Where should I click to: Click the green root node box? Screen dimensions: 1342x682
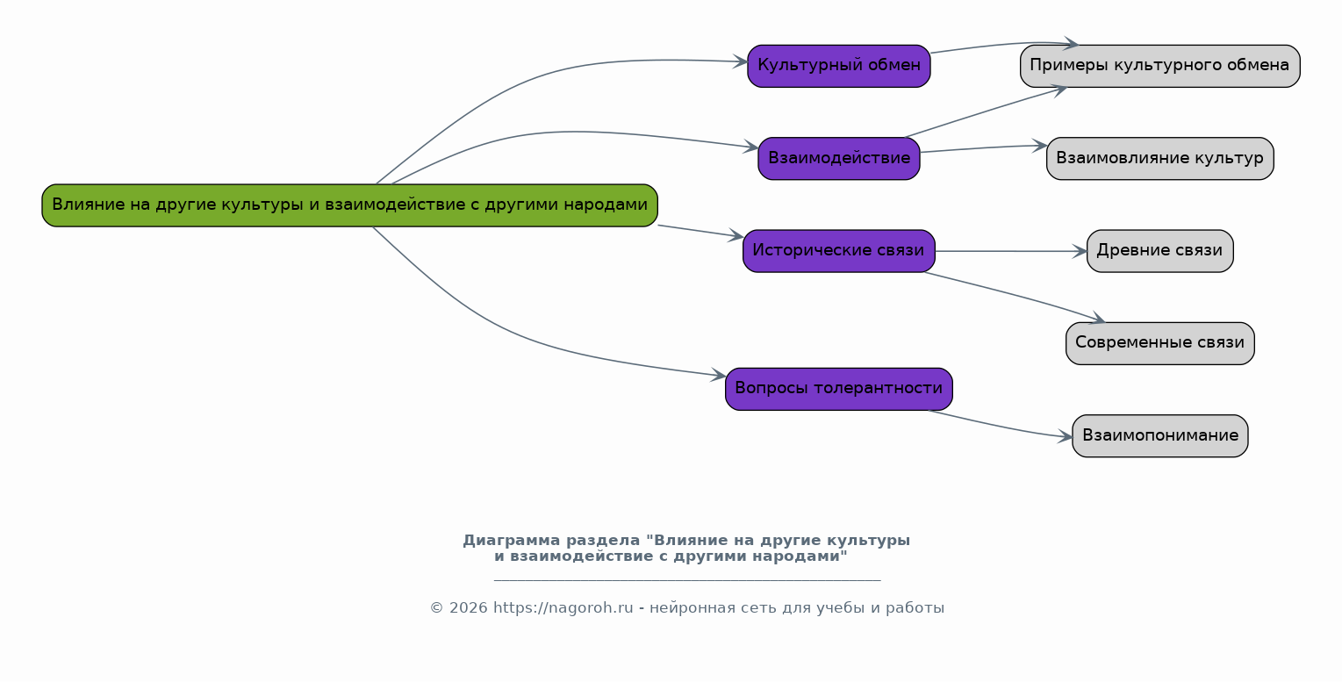click(x=350, y=205)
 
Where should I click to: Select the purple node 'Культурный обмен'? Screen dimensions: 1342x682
click(x=839, y=66)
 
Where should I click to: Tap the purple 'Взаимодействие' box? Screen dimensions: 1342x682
click(x=839, y=159)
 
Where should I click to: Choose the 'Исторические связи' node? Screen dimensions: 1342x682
click(x=839, y=251)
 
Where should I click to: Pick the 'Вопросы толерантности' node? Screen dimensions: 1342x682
click(x=839, y=389)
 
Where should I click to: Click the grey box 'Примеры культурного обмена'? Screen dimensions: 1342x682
click(x=1159, y=66)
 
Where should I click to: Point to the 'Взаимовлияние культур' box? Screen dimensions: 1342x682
click(x=1159, y=159)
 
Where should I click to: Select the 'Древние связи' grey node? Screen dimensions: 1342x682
click(x=1159, y=251)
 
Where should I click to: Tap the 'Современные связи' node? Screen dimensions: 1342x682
click(x=1159, y=343)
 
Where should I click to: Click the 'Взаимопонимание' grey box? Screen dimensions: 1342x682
click(x=1159, y=435)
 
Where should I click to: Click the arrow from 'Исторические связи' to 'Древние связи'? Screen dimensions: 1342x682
click(x=1011, y=251)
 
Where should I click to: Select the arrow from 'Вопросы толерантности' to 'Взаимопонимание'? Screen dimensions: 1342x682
click(x=1000, y=426)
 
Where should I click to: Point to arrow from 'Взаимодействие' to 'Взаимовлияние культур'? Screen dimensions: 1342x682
click(x=983, y=148)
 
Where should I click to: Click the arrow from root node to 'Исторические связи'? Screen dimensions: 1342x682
click(x=701, y=232)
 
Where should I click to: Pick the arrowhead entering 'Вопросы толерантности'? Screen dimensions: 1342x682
click(x=718, y=375)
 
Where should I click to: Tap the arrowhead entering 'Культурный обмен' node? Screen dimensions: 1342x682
click(x=740, y=61)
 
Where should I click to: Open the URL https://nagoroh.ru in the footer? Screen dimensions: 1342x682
click(x=563, y=608)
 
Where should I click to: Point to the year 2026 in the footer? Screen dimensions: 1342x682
click(x=469, y=608)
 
